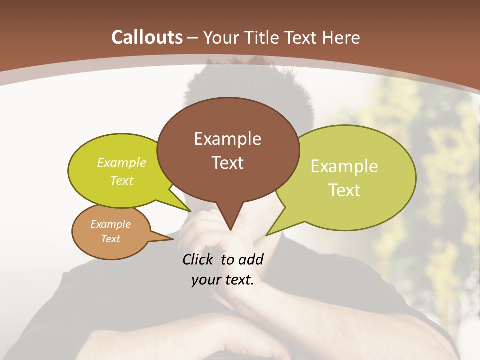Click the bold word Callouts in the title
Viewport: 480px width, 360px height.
(147, 37)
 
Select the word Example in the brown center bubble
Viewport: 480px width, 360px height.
(227, 139)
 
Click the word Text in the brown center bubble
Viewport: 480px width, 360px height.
(227, 163)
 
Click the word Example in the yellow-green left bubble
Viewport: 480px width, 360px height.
(122, 163)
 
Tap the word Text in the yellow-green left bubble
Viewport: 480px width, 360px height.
(122, 180)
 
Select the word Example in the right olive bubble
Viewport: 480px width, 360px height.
(344, 166)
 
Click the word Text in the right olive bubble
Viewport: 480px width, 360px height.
(344, 190)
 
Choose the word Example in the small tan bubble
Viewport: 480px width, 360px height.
(111, 224)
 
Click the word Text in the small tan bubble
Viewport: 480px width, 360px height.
(111, 239)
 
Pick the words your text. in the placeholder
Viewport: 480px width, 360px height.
(223, 280)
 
